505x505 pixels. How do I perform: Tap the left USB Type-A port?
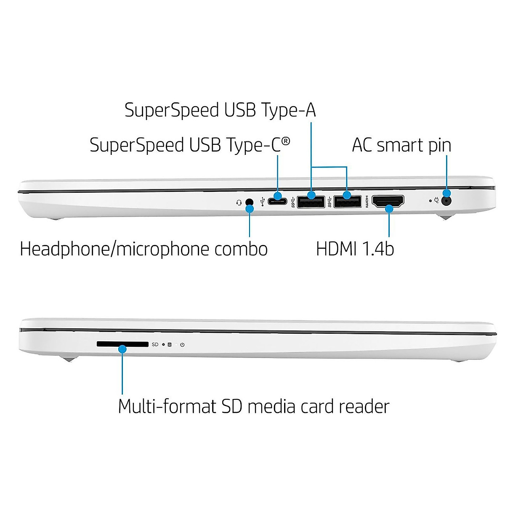click(x=311, y=202)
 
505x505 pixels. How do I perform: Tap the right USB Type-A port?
click(x=348, y=202)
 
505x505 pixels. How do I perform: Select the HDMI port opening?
click(x=388, y=202)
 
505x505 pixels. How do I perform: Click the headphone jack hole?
click(x=250, y=202)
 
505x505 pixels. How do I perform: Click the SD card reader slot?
click(x=122, y=344)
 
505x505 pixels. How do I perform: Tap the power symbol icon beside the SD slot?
click(x=182, y=345)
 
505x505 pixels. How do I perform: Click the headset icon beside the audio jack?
click(x=239, y=202)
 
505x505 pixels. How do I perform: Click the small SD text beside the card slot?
click(x=155, y=345)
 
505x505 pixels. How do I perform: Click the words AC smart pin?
click(x=401, y=146)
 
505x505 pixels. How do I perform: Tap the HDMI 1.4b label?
click(x=355, y=249)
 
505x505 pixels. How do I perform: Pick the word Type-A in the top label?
click(x=288, y=110)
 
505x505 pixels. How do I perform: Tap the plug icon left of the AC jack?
click(x=437, y=201)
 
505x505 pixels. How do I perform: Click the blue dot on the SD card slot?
click(x=122, y=349)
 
